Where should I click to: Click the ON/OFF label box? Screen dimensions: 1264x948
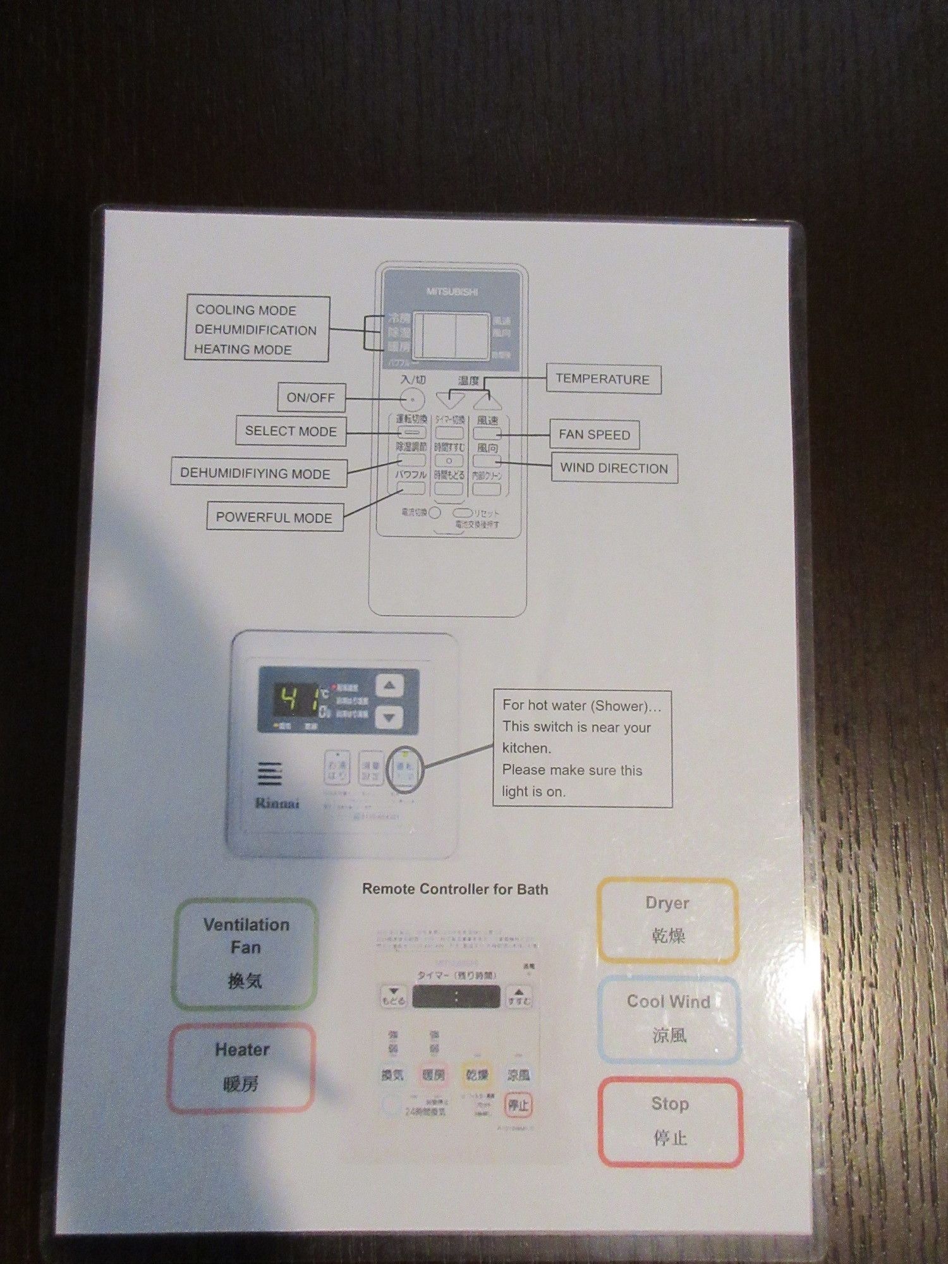(311, 398)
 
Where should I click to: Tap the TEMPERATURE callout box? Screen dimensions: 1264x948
(602, 379)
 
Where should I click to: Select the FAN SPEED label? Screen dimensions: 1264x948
(594, 435)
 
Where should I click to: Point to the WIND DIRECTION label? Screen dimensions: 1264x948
(614, 468)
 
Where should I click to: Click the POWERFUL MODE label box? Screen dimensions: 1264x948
(274, 517)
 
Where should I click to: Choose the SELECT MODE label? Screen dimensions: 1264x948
(291, 431)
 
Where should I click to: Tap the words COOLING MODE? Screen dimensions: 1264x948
(246, 310)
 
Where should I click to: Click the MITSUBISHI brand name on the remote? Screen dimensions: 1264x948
(452, 291)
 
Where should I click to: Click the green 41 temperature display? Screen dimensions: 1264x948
(295, 700)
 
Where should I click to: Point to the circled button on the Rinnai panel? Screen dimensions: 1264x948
(404, 769)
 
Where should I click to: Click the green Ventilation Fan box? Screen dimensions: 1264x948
(245, 953)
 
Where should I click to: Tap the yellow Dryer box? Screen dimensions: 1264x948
(668, 920)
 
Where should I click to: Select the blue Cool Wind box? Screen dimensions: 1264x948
(669, 1019)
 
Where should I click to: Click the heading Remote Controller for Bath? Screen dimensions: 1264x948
(455, 889)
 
